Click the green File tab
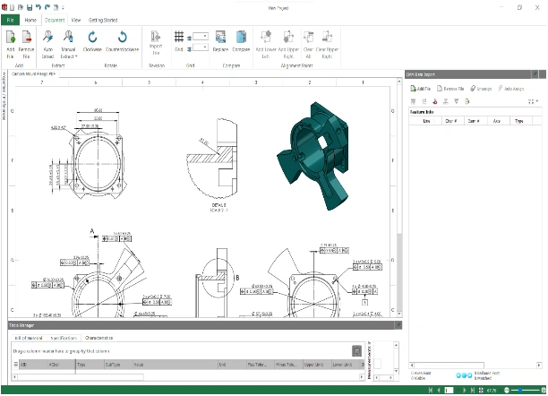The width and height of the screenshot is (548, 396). (11, 18)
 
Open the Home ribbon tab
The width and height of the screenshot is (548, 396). (30, 18)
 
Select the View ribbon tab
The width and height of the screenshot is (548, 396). (75, 18)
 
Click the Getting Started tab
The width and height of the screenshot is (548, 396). (102, 18)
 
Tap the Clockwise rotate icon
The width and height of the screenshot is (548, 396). (92, 41)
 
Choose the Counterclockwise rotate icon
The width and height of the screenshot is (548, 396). (122, 41)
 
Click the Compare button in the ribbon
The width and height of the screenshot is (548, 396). (242, 41)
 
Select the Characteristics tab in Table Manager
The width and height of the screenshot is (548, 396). (98, 339)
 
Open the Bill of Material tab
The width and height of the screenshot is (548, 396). (29, 339)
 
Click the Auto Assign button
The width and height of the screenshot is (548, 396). (512, 90)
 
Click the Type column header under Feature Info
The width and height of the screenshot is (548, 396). (518, 120)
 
